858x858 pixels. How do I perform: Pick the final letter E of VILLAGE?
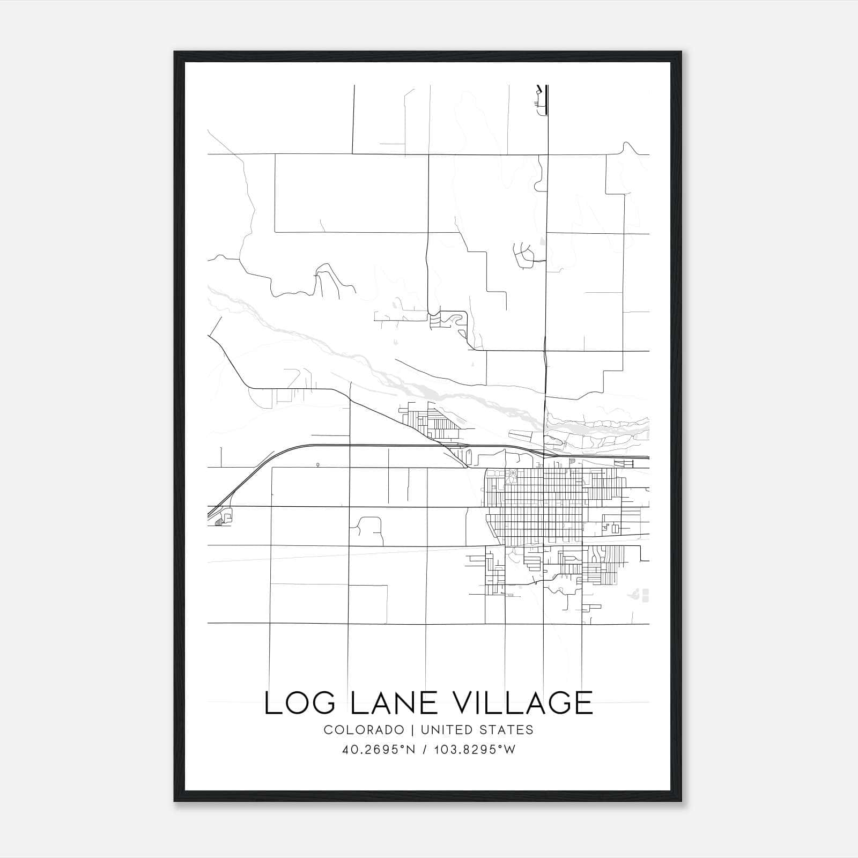click(x=583, y=703)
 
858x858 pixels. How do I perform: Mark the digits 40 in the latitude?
click(x=347, y=750)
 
